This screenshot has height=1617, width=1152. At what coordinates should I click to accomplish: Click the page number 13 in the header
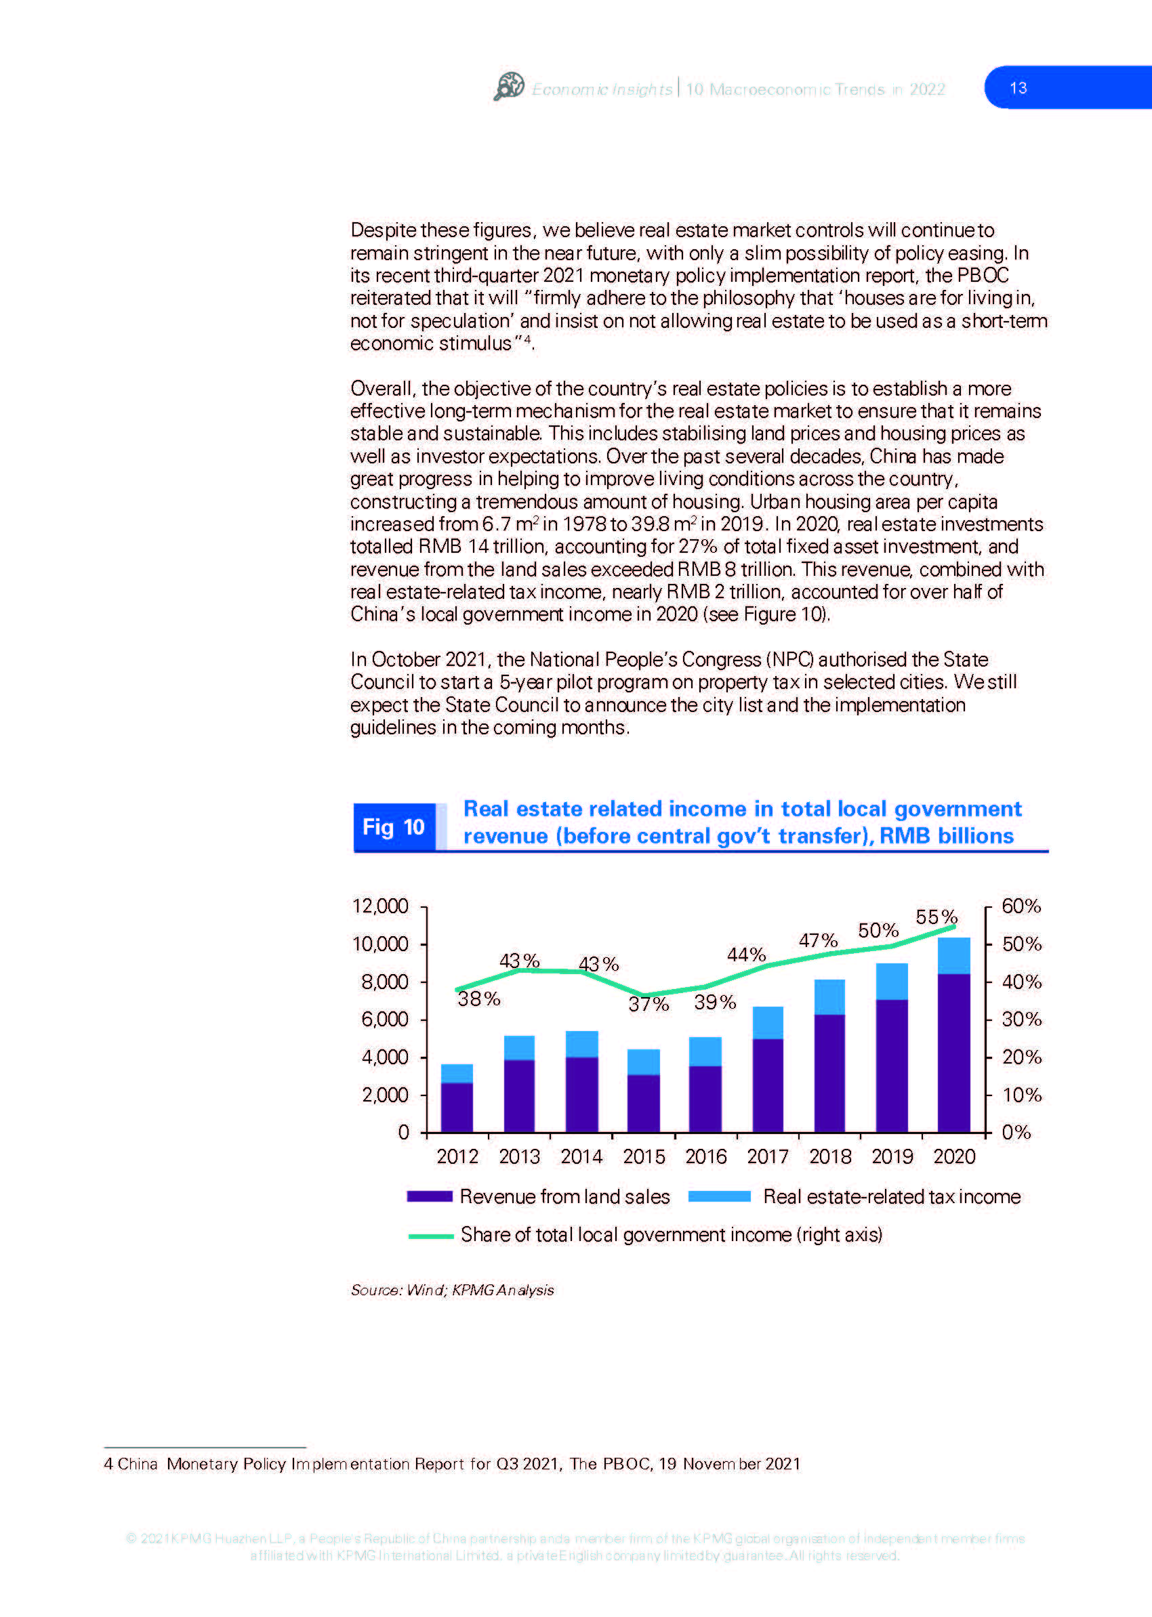[x=1018, y=88]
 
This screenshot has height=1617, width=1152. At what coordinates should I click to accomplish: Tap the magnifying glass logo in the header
[x=509, y=87]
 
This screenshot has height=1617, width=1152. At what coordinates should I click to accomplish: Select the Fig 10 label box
[x=394, y=827]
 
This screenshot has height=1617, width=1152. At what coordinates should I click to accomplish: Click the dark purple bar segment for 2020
[x=953, y=1053]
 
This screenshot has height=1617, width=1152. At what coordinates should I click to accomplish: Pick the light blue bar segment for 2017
[x=768, y=1023]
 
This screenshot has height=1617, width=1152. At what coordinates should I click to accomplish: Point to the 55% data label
[x=937, y=917]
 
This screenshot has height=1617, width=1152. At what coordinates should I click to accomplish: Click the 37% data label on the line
[x=649, y=1003]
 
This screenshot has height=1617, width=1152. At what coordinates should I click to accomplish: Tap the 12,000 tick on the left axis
[x=380, y=906]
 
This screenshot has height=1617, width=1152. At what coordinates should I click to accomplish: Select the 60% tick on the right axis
[x=1021, y=906]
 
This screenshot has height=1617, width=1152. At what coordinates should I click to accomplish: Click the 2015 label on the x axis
[x=644, y=1157]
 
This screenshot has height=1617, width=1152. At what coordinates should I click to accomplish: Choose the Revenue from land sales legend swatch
[x=429, y=1196]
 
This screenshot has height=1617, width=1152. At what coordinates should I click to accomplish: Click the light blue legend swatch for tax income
[x=719, y=1196]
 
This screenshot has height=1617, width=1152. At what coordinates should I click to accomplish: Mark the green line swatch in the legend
[x=430, y=1236]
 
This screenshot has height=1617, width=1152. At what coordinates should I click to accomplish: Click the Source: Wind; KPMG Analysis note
[x=453, y=1290]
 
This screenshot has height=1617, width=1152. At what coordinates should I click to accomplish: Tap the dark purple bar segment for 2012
[x=457, y=1107]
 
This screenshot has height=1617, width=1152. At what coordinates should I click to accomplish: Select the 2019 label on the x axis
[x=892, y=1157]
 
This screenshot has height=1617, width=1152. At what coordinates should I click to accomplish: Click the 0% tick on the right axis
[x=1016, y=1133]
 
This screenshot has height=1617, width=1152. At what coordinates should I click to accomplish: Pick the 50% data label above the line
[x=878, y=931]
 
